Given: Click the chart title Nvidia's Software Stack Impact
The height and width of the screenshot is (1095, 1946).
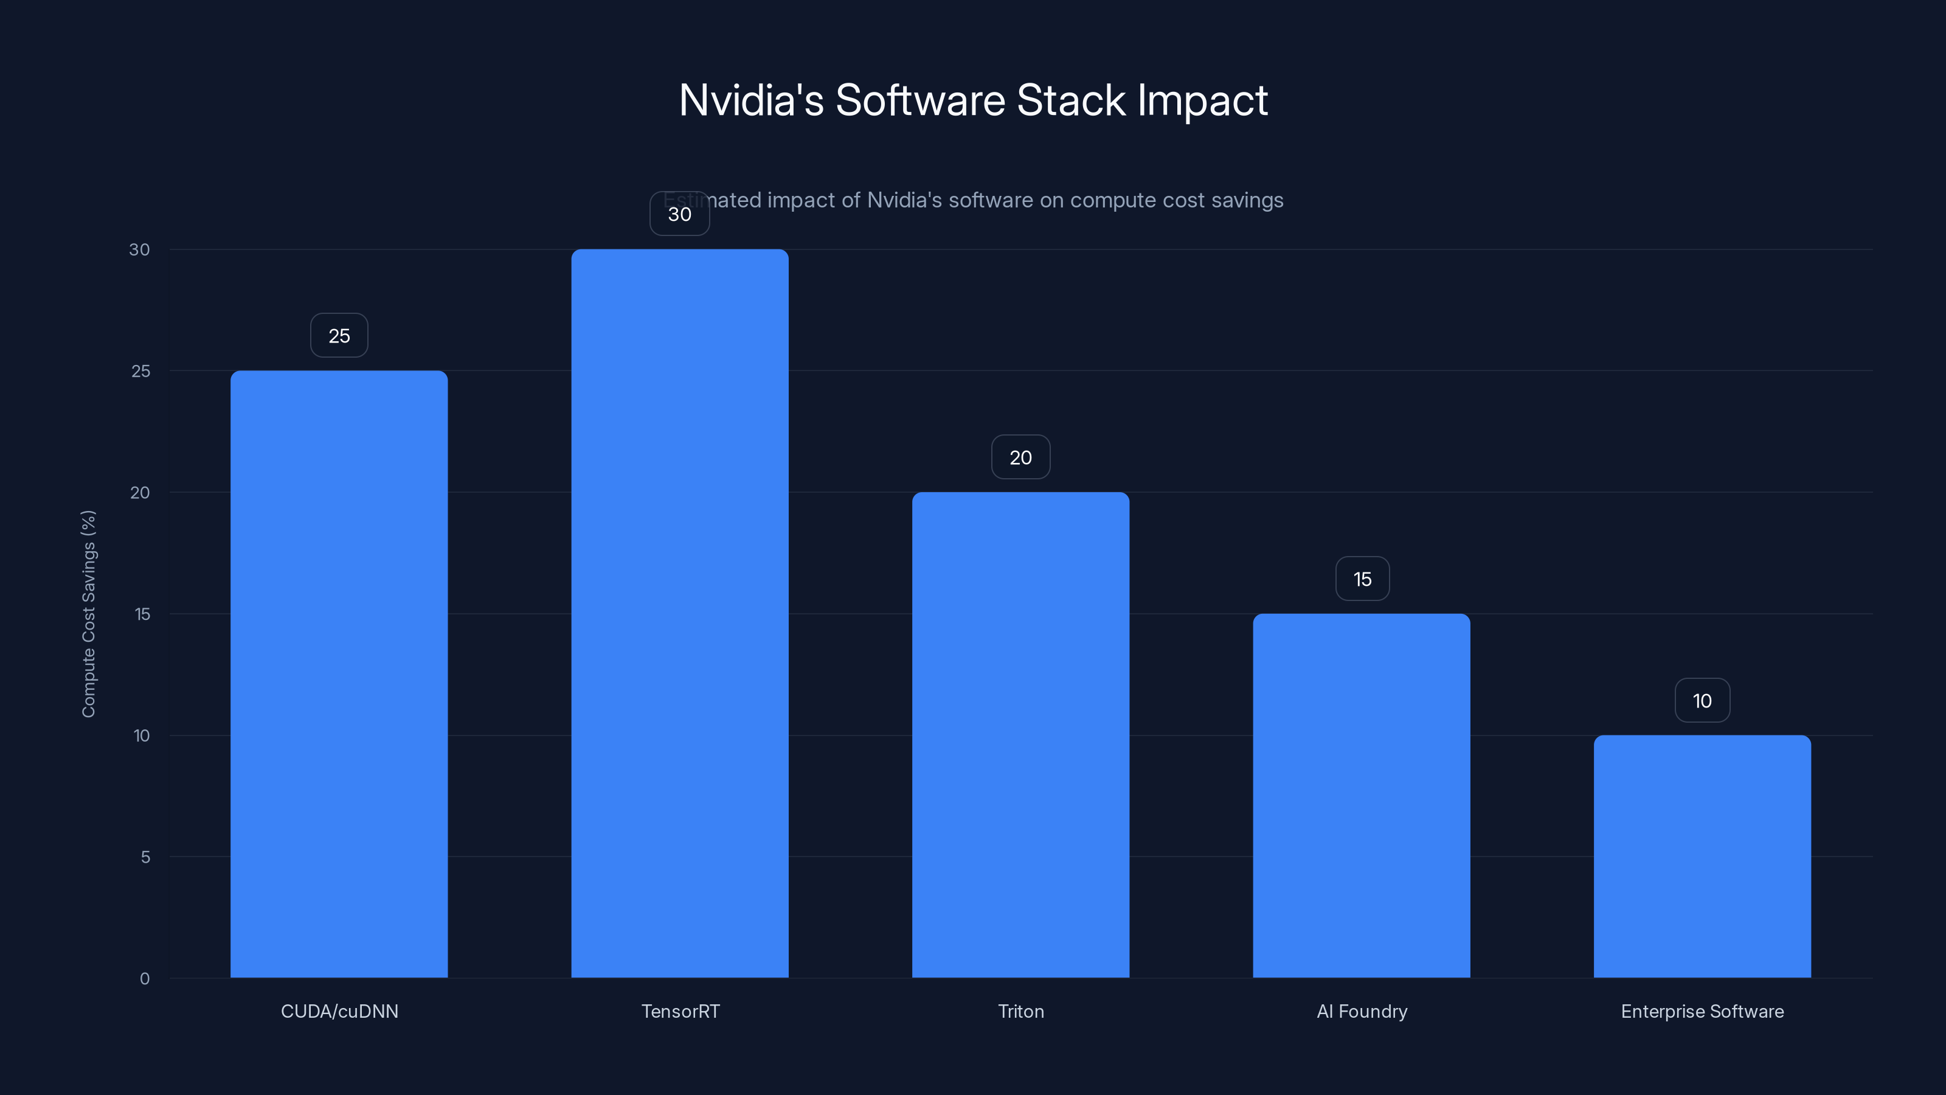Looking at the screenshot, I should click(973, 100).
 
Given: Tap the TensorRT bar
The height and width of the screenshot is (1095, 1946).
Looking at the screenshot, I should click(680, 613).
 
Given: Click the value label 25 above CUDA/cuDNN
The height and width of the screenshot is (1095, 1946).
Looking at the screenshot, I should click(339, 336).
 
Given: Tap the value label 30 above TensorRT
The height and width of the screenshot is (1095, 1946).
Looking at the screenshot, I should click(680, 214).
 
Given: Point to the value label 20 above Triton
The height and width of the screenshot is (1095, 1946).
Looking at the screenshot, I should click(1020, 457).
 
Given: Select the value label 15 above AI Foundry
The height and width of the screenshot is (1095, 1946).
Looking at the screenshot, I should click(1362, 579).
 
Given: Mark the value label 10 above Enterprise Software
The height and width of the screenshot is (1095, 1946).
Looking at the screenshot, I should click(1702, 701).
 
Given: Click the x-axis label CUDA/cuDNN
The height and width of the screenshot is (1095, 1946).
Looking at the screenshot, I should click(339, 1011).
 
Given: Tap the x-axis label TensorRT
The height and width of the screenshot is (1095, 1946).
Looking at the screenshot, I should click(680, 1011).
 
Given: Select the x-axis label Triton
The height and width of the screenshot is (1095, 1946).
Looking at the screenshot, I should click(1020, 1011).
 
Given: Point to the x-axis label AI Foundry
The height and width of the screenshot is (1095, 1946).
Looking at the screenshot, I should click(1362, 1011).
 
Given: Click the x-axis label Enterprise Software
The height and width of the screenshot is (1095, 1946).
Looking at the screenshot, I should click(1702, 1011).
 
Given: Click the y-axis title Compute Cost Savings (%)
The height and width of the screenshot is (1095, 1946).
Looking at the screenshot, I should click(88, 614).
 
